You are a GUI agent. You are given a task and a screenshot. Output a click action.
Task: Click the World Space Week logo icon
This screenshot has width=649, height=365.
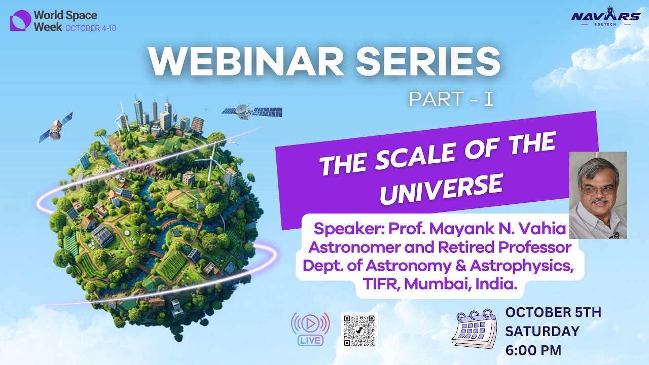click(x=20, y=21)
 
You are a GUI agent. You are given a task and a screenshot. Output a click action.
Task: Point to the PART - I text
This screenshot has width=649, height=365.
click(x=451, y=99)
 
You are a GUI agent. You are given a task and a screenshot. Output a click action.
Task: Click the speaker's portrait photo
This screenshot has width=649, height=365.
click(x=598, y=195)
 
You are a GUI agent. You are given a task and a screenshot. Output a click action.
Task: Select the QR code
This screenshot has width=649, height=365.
click(x=359, y=330)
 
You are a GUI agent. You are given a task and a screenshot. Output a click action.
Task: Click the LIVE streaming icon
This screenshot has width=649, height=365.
click(x=310, y=328)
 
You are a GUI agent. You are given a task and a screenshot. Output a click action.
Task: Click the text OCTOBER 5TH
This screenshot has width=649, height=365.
click(x=553, y=312)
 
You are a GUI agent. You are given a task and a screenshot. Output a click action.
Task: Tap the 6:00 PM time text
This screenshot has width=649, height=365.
click(x=533, y=350)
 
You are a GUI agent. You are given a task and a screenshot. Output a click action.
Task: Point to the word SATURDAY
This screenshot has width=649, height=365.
click(x=542, y=331)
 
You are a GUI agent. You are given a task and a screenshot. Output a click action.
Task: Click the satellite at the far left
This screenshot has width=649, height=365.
click(x=56, y=127)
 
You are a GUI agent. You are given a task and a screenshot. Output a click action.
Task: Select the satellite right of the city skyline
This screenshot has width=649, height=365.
click(x=251, y=112)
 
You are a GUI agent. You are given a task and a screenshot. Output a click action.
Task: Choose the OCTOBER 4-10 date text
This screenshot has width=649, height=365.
click(x=91, y=28)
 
